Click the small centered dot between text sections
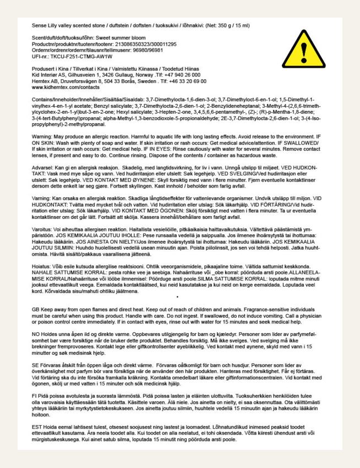[177, 297]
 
